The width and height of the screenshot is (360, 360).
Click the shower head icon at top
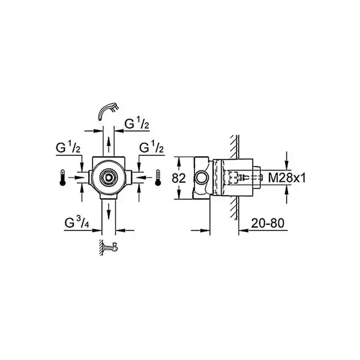(x=108, y=110)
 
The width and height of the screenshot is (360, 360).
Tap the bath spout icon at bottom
(x=109, y=247)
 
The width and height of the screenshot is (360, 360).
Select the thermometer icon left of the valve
(x=62, y=178)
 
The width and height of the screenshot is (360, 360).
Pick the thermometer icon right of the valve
(x=158, y=178)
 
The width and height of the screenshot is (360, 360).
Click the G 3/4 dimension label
(x=77, y=223)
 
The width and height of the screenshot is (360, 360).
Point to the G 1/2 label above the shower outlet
(x=137, y=124)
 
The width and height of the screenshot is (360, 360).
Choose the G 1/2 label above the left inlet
(x=68, y=148)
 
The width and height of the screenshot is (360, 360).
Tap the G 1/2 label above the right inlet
(x=152, y=148)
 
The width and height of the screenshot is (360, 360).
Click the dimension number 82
(x=179, y=178)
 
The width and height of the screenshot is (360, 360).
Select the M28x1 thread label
(x=287, y=178)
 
